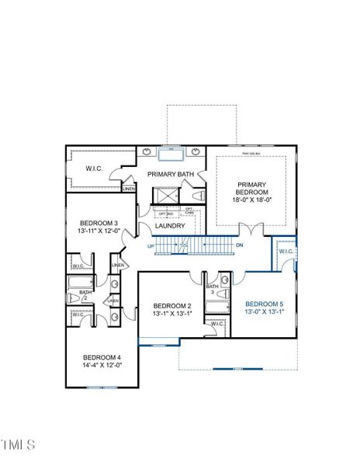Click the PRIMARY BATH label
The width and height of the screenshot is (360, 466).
pos(170,175)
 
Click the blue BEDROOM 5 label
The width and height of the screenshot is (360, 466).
pos(265,304)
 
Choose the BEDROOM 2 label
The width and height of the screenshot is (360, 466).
pos(171,305)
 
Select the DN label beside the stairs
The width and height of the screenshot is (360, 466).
pos(240,245)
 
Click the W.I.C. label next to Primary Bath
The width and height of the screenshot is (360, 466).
pos(95,169)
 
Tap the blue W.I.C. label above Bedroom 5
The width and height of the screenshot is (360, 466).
pos(286,251)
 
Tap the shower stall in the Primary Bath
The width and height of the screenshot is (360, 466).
pos(164,195)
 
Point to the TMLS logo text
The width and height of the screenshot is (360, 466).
pos(18,444)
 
